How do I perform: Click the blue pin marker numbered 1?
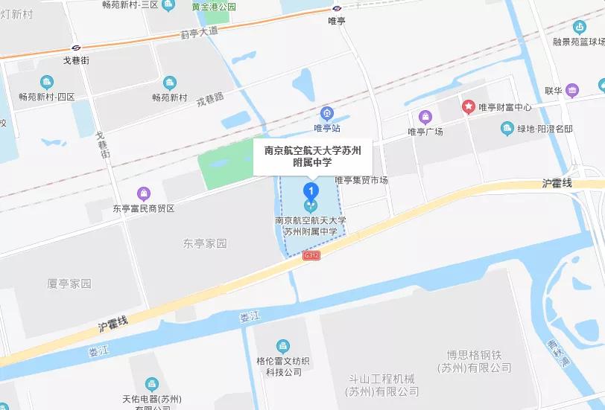tap(312, 190)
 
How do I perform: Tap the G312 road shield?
tap(311, 255)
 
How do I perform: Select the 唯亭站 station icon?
tap(326, 113)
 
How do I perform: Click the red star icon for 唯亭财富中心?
tap(468, 107)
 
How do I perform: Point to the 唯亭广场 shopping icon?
tap(425, 116)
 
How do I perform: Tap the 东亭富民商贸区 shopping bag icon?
tap(143, 193)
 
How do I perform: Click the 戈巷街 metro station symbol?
tap(76, 48)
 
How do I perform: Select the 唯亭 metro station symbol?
tap(337, 8)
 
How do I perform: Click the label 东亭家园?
tap(204, 243)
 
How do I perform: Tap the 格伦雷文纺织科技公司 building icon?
tap(282, 345)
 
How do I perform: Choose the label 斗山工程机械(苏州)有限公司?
tap(382, 385)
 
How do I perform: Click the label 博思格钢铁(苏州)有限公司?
tap(475, 361)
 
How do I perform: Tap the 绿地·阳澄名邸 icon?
tap(507, 129)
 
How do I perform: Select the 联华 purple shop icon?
tap(572, 91)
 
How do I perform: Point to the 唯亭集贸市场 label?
tap(361, 180)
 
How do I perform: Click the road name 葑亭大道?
tap(200, 33)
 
